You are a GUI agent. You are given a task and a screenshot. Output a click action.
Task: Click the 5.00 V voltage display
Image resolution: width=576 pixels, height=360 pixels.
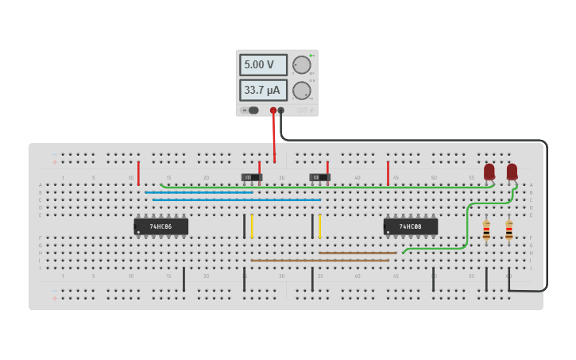(x=263, y=64)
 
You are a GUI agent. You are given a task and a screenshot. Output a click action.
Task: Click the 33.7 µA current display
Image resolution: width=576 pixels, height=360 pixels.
(x=263, y=90)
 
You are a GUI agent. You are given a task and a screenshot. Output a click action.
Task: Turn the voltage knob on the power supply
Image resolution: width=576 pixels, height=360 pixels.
(x=301, y=65)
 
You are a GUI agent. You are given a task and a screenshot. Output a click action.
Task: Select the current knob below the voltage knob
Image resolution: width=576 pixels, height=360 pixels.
(x=301, y=91)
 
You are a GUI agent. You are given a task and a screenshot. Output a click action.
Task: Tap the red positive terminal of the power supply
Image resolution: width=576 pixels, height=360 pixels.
(x=273, y=110)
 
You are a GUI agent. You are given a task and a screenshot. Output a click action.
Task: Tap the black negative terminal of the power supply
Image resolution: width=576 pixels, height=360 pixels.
(x=281, y=110)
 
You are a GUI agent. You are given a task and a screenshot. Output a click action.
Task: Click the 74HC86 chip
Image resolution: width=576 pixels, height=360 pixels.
(x=161, y=226)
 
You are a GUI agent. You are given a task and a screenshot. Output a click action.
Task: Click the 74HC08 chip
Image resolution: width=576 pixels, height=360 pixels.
(x=411, y=226)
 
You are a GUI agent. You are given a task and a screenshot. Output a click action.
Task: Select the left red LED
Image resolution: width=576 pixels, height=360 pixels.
(x=489, y=171)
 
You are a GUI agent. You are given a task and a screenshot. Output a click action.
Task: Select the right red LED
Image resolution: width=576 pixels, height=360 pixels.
(x=512, y=171)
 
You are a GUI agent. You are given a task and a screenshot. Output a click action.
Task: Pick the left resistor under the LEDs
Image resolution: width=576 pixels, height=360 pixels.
(x=486, y=230)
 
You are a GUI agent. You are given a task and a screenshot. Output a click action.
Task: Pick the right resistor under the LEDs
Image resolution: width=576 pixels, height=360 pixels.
(x=508, y=230)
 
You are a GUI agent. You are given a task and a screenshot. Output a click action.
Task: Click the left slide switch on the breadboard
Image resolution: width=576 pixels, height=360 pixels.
(x=251, y=177)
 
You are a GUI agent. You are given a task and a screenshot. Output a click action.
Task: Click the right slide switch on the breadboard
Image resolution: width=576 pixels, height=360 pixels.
(x=319, y=177)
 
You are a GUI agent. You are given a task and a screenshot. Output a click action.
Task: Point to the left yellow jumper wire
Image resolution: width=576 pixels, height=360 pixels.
(x=252, y=226)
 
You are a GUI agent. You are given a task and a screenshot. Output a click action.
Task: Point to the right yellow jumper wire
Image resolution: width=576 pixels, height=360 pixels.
(x=319, y=226)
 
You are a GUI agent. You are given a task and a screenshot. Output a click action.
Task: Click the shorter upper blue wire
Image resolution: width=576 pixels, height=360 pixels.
(x=199, y=192)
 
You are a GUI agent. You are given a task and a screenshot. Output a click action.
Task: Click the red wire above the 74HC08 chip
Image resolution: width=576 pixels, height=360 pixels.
(x=388, y=172)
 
